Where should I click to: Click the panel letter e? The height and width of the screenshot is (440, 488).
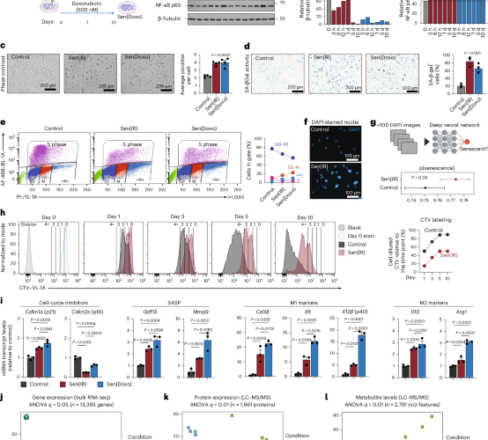tap(6, 126)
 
